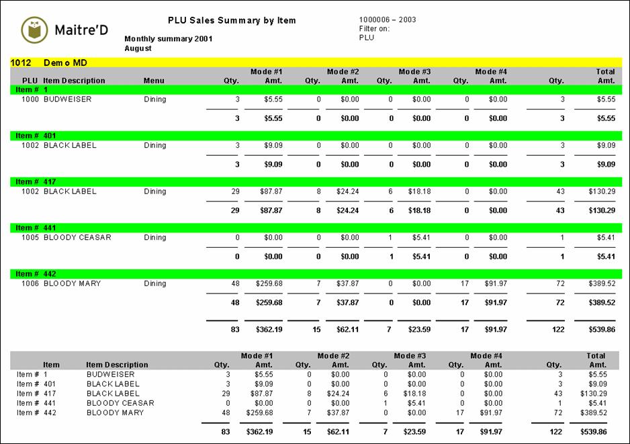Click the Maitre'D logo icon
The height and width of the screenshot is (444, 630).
point(34,30)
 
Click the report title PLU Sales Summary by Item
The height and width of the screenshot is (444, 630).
point(232,21)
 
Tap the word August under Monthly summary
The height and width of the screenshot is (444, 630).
point(138,48)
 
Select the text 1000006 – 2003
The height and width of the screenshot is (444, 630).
point(388,19)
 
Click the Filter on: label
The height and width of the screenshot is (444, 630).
point(375,29)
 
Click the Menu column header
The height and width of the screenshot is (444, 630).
point(154,81)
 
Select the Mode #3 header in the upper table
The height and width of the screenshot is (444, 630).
point(414,71)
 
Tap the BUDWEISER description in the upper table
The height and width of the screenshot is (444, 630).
point(67,99)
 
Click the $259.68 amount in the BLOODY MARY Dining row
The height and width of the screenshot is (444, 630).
point(269,283)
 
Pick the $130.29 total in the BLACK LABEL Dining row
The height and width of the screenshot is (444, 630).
point(598,191)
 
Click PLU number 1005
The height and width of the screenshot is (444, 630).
point(30,238)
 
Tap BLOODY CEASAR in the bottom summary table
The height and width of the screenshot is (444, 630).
point(120,403)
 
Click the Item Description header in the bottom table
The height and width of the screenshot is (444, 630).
point(118,365)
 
